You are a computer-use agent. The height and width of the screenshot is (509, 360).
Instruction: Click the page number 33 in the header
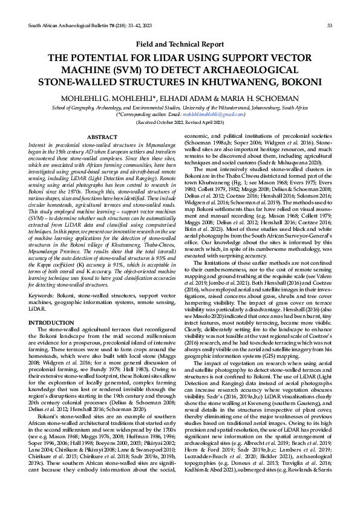pyautogui.click(x=329, y=25)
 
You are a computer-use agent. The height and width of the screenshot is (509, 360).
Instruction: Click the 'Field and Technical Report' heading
pyautogui.click(x=180, y=44)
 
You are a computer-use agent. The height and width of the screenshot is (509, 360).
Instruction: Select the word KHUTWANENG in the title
pyautogui.click(x=252, y=81)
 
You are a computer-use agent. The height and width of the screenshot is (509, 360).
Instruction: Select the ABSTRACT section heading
pyautogui.click(x=102, y=138)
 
